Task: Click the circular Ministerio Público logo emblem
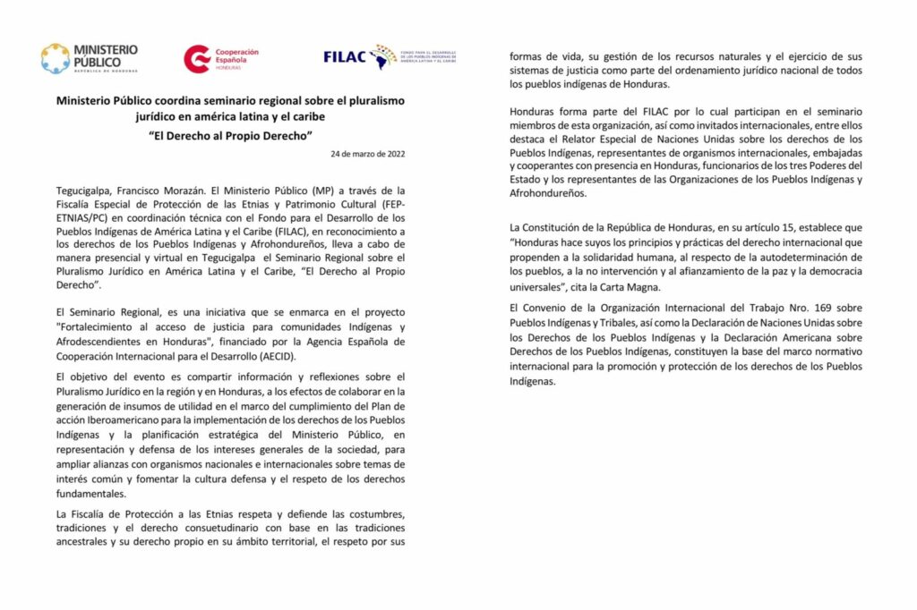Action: [55, 58]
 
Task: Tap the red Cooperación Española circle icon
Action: [197, 59]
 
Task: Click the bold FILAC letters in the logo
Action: [345, 57]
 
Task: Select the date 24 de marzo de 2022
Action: [368, 155]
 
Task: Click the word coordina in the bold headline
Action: [193, 101]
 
